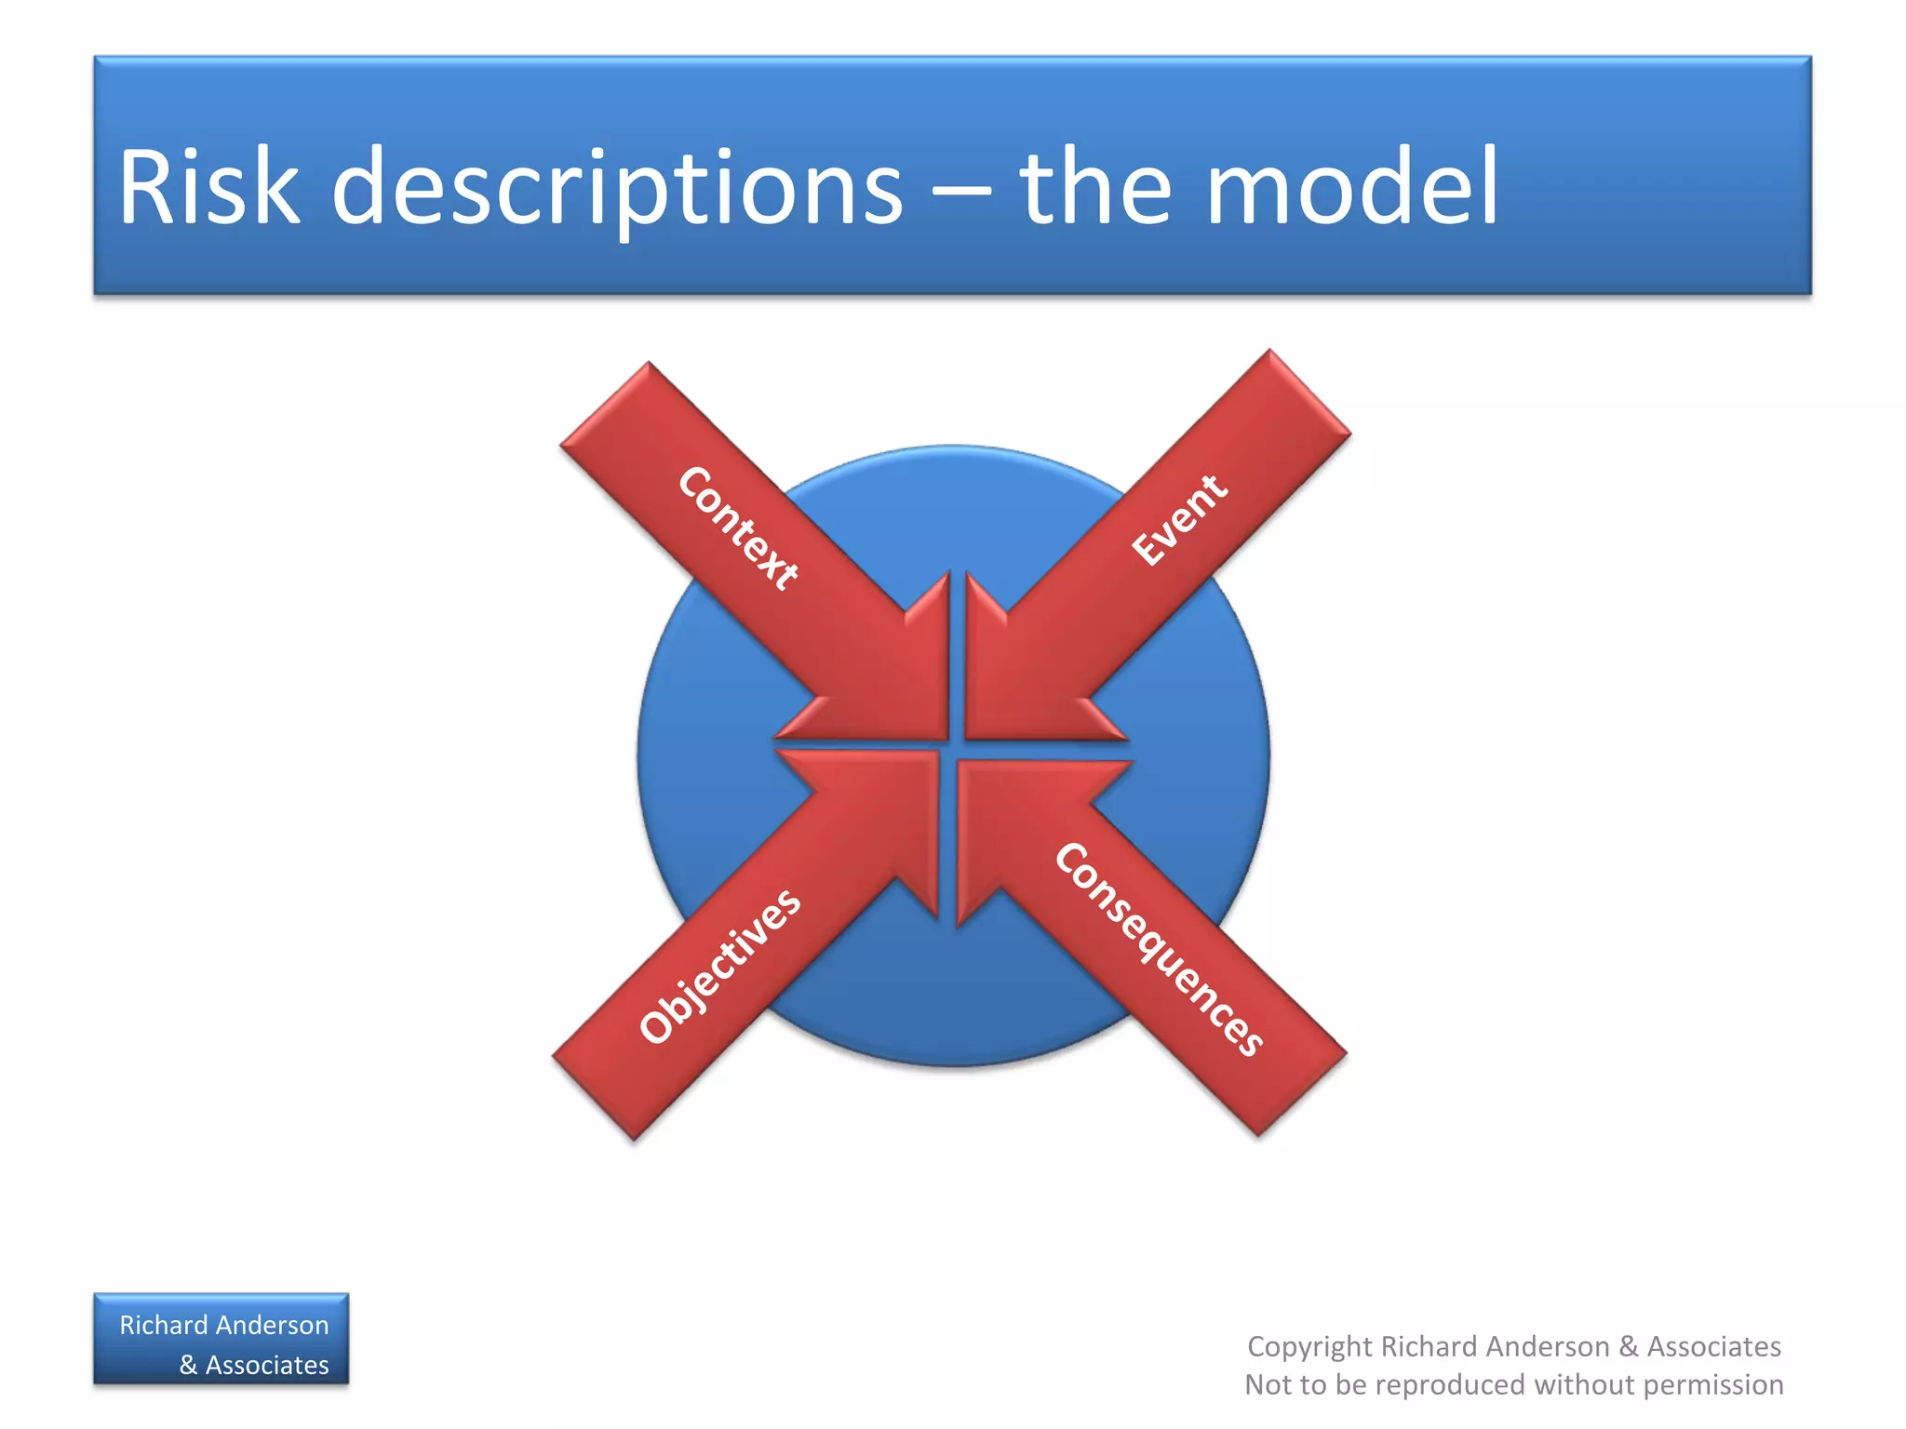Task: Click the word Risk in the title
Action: point(208,187)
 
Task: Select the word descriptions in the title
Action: point(617,187)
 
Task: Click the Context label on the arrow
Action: point(738,528)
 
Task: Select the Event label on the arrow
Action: point(1179,519)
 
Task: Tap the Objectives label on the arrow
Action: point(720,966)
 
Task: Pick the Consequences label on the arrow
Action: point(1160,948)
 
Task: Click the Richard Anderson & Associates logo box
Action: point(221,1339)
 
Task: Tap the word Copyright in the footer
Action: point(1309,1346)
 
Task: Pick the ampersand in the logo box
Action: point(188,1365)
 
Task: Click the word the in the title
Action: point(1094,187)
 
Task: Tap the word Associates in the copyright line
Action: point(1714,1346)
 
